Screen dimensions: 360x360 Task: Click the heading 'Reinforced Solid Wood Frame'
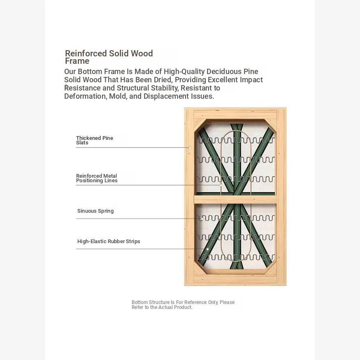[x=109, y=57]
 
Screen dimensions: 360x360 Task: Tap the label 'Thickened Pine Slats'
[x=95, y=140]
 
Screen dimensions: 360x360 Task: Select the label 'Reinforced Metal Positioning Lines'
[x=97, y=178]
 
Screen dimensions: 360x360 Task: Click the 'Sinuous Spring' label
[x=95, y=211]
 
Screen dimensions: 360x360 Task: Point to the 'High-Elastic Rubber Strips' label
[x=109, y=241]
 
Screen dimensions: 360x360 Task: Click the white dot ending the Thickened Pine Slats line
[x=190, y=148]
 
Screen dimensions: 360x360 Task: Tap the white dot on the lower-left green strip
[x=207, y=249]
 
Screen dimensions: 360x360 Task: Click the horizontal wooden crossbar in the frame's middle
[x=235, y=199]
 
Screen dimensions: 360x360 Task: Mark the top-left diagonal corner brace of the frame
[x=200, y=125]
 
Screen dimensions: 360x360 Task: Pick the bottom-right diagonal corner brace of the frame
[x=271, y=268]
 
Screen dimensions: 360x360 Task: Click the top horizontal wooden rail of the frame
[x=235, y=114]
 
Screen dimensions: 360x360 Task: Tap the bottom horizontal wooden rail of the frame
[x=235, y=279]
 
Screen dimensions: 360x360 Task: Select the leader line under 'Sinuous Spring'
[x=135, y=218]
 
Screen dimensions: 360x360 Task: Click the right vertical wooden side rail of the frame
[x=281, y=197]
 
